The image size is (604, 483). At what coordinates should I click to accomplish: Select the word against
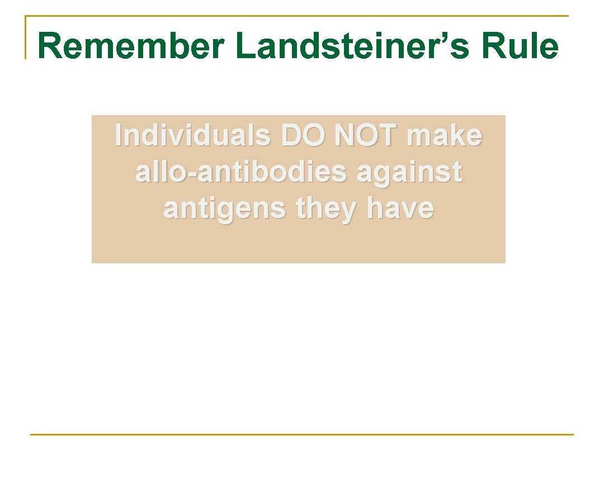tap(409, 173)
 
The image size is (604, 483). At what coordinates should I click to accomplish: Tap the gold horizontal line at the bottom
tap(302, 434)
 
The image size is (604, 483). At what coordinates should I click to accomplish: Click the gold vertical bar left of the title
tap(26, 37)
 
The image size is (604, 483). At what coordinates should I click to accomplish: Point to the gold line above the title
tap(296, 16)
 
